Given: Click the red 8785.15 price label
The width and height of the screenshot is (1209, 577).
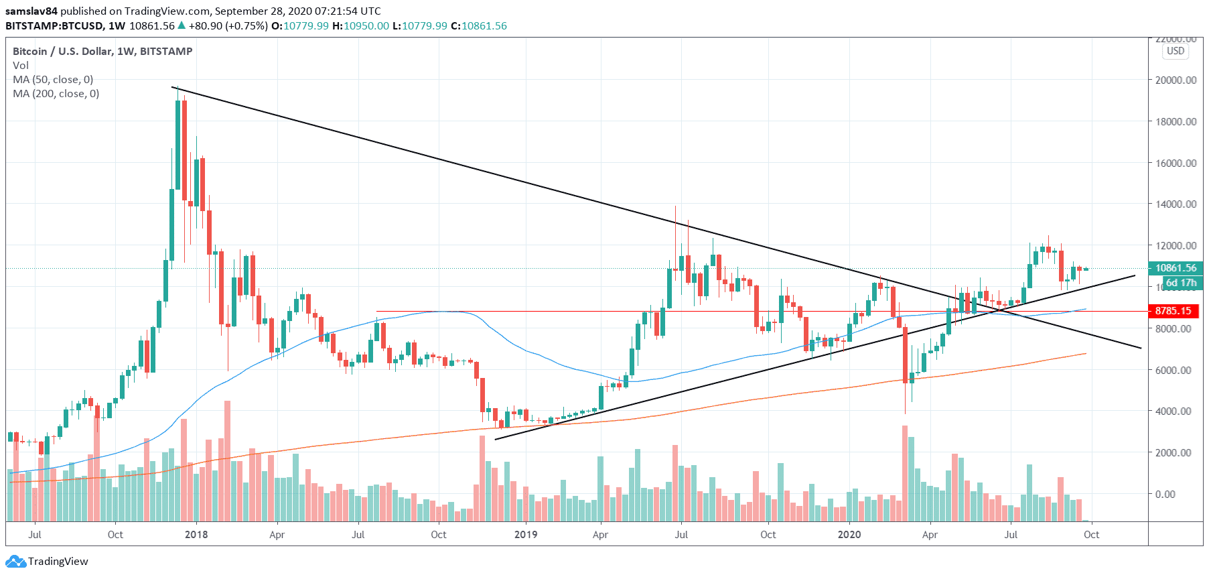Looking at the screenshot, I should click(x=1173, y=311).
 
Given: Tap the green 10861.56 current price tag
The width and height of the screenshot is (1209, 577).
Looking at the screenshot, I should click(x=1176, y=268).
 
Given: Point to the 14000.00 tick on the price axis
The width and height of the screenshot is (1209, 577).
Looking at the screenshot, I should click(x=1176, y=204).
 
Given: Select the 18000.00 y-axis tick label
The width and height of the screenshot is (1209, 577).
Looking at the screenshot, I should click(x=1176, y=122).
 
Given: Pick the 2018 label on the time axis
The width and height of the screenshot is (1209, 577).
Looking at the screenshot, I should click(x=196, y=535).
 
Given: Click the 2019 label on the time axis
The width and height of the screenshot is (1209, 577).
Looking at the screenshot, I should click(x=526, y=535).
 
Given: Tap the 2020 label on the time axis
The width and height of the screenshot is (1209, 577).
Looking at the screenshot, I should click(x=849, y=535).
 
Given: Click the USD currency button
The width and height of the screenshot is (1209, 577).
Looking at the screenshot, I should click(x=1176, y=51).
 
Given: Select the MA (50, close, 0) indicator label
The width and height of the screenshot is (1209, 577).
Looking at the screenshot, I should click(x=53, y=80).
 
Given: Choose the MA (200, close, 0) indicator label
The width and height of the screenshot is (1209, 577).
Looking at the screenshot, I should click(x=56, y=94).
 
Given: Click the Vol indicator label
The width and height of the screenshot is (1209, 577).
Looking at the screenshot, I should click(x=21, y=66).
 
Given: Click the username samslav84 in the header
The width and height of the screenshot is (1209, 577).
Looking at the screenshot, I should click(x=31, y=11).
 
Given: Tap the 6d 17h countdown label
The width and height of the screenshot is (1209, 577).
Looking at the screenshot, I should click(x=1181, y=283).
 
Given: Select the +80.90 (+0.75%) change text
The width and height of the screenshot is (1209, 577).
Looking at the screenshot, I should click(x=228, y=26).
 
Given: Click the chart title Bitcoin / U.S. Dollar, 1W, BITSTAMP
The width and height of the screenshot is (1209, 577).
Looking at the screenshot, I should click(x=102, y=52).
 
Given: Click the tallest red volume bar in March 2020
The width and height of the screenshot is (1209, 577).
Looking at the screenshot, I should click(x=905, y=473).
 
